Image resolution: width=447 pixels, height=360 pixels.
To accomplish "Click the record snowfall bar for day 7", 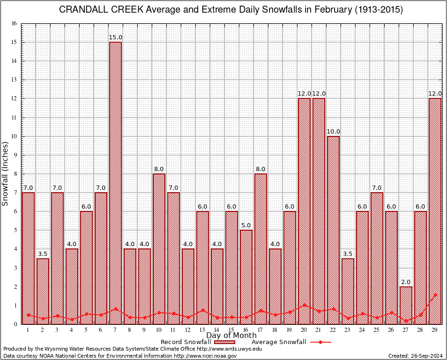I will pyautogui.click(x=115, y=183).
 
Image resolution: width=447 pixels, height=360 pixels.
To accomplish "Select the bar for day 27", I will pyautogui.click(x=406, y=305).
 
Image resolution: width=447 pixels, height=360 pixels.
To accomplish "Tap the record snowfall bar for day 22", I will pyautogui.click(x=333, y=230).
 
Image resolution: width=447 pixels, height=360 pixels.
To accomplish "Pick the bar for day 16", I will pyautogui.click(x=246, y=277).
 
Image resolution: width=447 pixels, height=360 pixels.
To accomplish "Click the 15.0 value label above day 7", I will pyautogui.click(x=115, y=37).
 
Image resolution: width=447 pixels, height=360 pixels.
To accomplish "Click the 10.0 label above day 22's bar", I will pyautogui.click(x=333, y=132).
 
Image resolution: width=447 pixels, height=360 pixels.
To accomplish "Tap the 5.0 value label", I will pyautogui.click(x=246, y=225).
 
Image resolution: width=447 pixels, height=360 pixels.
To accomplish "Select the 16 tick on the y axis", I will pyautogui.click(x=14, y=23).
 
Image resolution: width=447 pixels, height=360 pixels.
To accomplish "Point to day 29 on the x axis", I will pyautogui.click(x=435, y=330).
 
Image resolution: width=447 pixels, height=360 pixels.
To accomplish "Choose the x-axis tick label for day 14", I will pyautogui.click(x=217, y=330).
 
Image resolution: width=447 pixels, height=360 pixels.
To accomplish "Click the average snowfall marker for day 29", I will pyautogui.click(x=435, y=295).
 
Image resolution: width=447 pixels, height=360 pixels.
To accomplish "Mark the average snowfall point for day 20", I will pyautogui.click(x=304, y=305).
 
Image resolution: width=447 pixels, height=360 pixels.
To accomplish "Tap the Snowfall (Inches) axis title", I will pyautogui.click(x=6, y=174).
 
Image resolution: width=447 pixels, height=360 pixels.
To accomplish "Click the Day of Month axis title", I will pyautogui.click(x=231, y=336).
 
